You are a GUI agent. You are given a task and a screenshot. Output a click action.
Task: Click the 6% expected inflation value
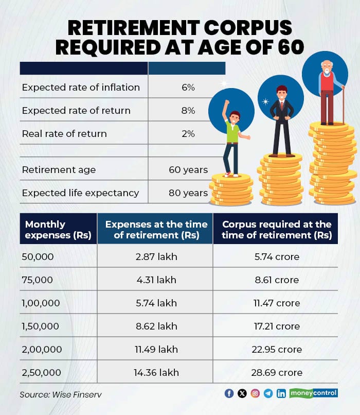188,88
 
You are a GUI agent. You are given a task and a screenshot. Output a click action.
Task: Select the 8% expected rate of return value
188,111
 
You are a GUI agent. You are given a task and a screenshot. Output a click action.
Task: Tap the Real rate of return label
64,134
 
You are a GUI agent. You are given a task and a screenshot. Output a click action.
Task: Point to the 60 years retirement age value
188,170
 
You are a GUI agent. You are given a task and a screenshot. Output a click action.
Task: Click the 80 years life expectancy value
188,193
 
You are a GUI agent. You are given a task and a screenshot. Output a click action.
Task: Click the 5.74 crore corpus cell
276,256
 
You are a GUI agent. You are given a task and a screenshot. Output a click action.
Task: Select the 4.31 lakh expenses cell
155,280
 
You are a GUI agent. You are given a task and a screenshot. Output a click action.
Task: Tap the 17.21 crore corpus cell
276,326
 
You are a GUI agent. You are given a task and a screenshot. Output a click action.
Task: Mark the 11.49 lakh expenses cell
155,350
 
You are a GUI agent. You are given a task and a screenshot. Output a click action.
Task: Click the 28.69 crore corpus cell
276,372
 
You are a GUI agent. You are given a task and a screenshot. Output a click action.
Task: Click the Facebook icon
229,393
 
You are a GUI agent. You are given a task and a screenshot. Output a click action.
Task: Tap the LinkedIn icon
281,393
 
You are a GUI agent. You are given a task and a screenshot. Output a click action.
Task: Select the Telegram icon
268,393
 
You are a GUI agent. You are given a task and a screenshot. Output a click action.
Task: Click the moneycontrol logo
313,393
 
